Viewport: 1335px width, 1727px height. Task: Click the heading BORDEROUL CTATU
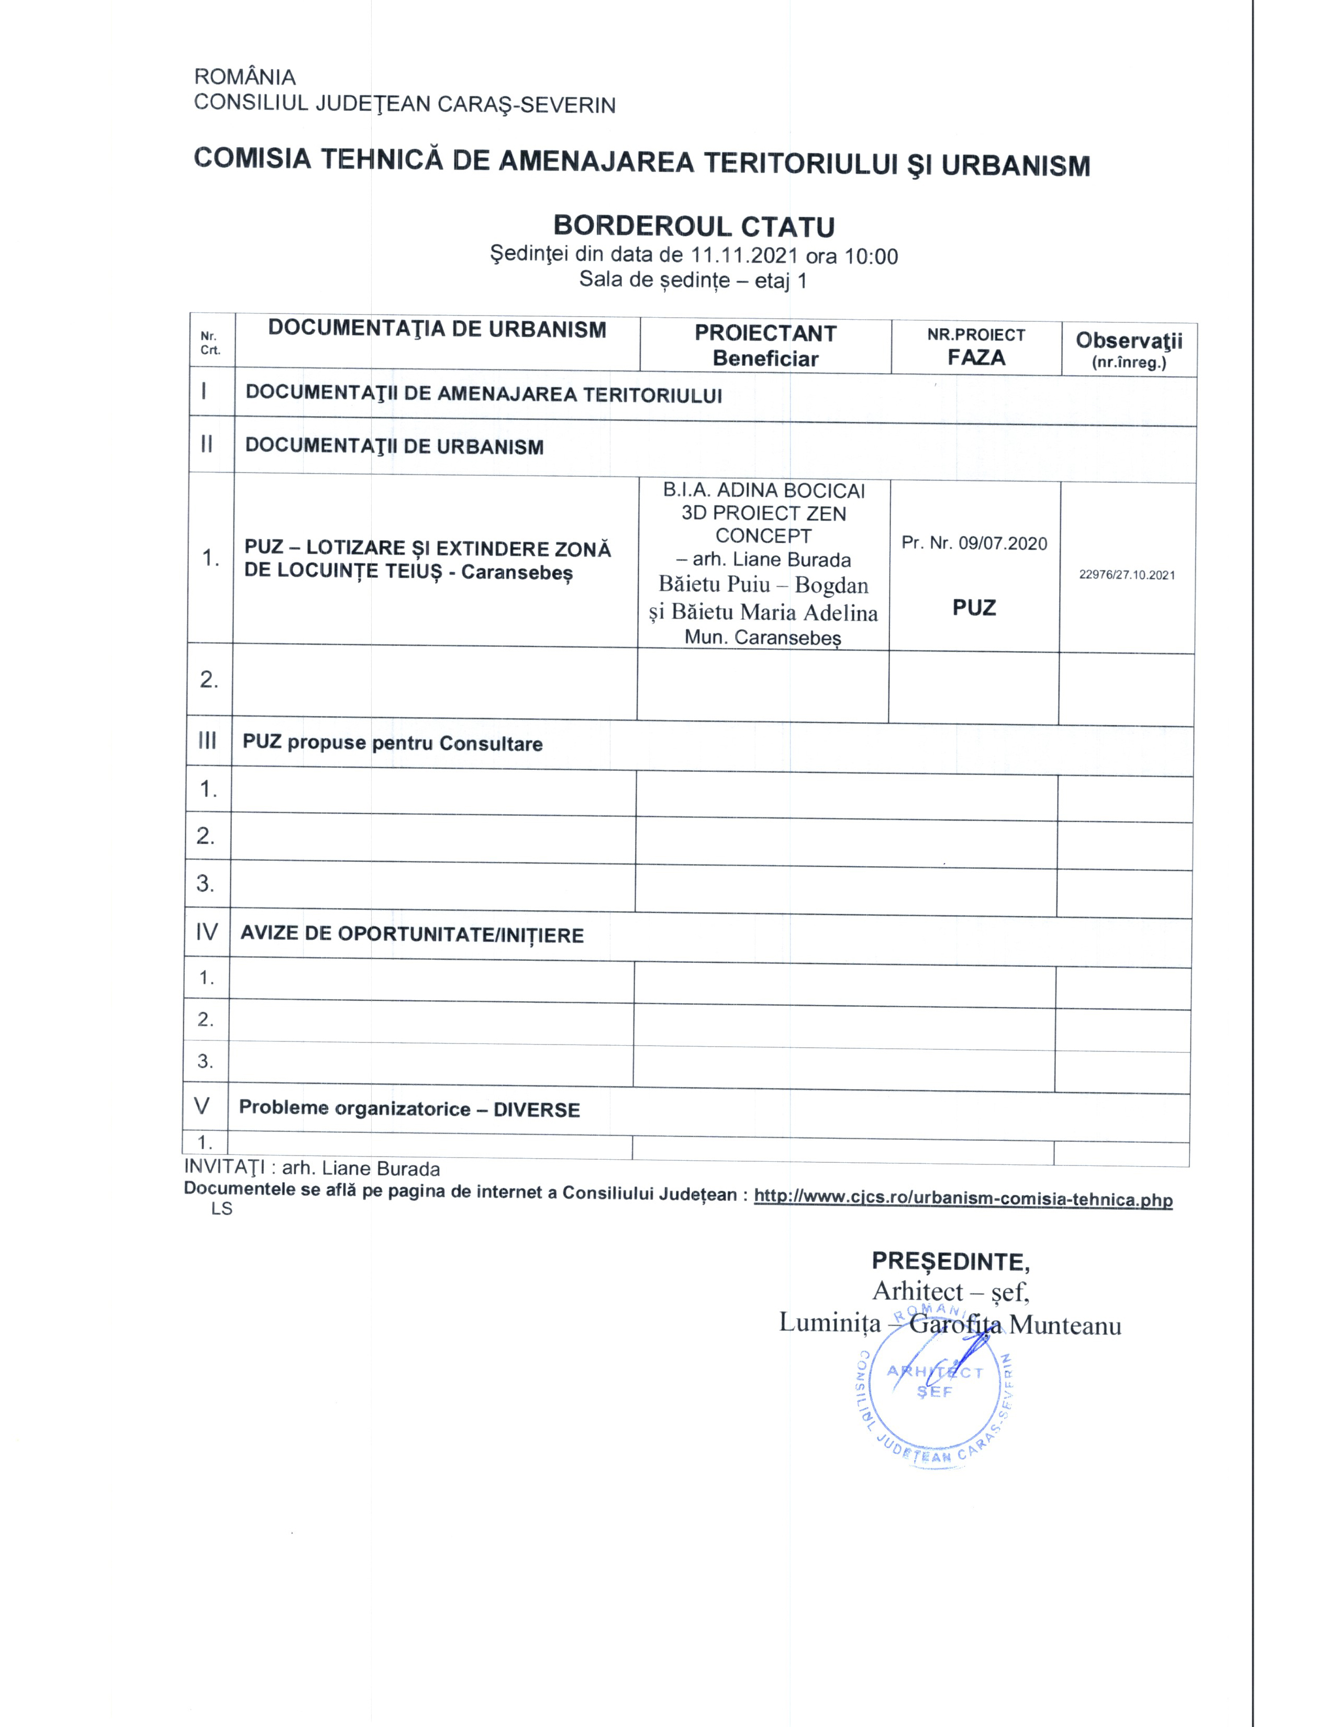[x=694, y=226]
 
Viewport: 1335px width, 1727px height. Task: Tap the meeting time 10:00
[x=872, y=256]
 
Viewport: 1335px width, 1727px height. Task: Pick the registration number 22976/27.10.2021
[x=1127, y=575]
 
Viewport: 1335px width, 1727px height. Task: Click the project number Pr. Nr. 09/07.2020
[x=974, y=543]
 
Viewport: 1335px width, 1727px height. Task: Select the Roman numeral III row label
[x=207, y=741]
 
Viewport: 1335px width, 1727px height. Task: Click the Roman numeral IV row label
[x=206, y=932]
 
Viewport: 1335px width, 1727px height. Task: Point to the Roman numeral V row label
[x=203, y=1105]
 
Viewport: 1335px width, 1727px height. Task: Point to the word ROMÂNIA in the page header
[x=245, y=77]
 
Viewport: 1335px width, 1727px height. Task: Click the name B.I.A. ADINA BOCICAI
[x=763, y=490]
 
